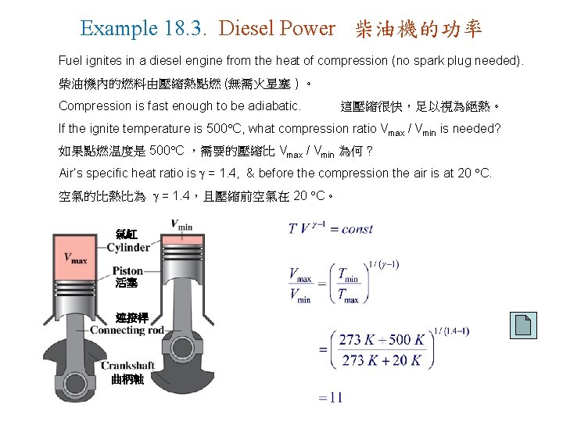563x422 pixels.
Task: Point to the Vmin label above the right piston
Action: pyautogui.click(x=182, y=224)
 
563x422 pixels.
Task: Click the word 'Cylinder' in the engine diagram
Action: pyautogui.click(x=128, y=247)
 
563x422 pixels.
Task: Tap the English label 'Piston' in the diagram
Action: pyautogui.click(x=127, y=270)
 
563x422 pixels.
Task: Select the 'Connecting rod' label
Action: pyautogui.click(x=127, y=330)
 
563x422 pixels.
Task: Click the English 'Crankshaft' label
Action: pyautogui.click(x=127, y=366)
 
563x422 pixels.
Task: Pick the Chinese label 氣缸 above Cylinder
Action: pyautogui.click(x=126, y=233)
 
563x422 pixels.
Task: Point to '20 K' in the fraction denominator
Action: pyautogui.click(x=407, y=360)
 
